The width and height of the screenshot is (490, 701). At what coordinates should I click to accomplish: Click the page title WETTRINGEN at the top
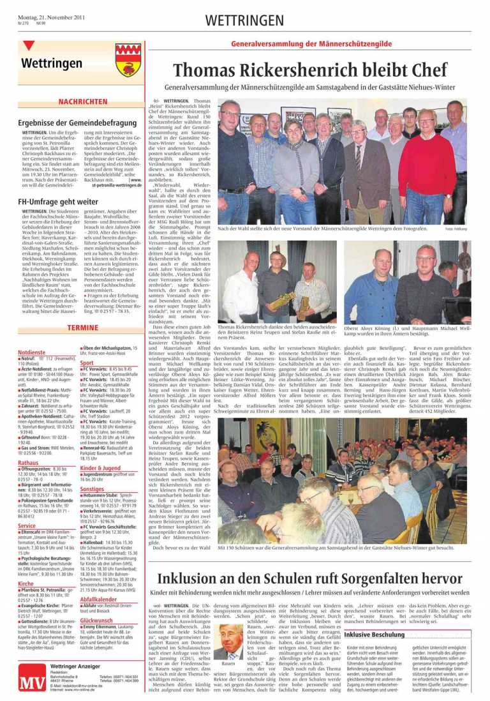(244, 21)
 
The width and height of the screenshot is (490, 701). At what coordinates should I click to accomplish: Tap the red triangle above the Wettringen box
(27, 46)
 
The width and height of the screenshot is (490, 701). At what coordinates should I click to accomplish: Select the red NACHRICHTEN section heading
(83, 102)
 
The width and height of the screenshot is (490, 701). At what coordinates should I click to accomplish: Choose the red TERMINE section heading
(83, 328)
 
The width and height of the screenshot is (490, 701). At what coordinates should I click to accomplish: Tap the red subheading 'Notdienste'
(31, 352)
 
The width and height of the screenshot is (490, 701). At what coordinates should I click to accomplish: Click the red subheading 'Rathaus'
(29, 462)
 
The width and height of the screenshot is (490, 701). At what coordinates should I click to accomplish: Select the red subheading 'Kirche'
(26, 584)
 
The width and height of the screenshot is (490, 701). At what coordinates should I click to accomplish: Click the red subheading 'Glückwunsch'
(97, 620)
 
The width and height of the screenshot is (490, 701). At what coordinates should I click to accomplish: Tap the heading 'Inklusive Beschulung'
(375, 635)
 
